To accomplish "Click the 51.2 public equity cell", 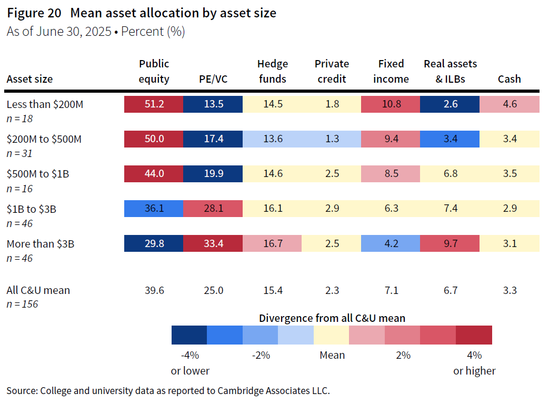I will point(154,104).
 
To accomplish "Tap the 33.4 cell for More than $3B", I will point(213,243).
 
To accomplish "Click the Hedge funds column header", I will point(272,71).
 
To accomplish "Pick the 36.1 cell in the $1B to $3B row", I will point(154,209).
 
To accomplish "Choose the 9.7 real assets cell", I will point(450,243).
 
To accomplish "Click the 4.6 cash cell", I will point(510,104).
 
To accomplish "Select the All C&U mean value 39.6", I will point(154,290).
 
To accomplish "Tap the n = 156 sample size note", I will point(22,304).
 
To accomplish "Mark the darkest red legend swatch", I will point(474,335).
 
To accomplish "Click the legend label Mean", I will point(332,355).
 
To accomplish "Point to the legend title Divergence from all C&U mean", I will point(332,318).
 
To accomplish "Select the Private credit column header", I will point(332,71).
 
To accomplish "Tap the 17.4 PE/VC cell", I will point(213,139).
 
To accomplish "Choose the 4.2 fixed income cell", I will point(391,243).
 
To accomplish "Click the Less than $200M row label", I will point(45,104).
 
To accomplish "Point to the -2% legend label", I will point(261,355).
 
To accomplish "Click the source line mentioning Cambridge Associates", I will point(168,390).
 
